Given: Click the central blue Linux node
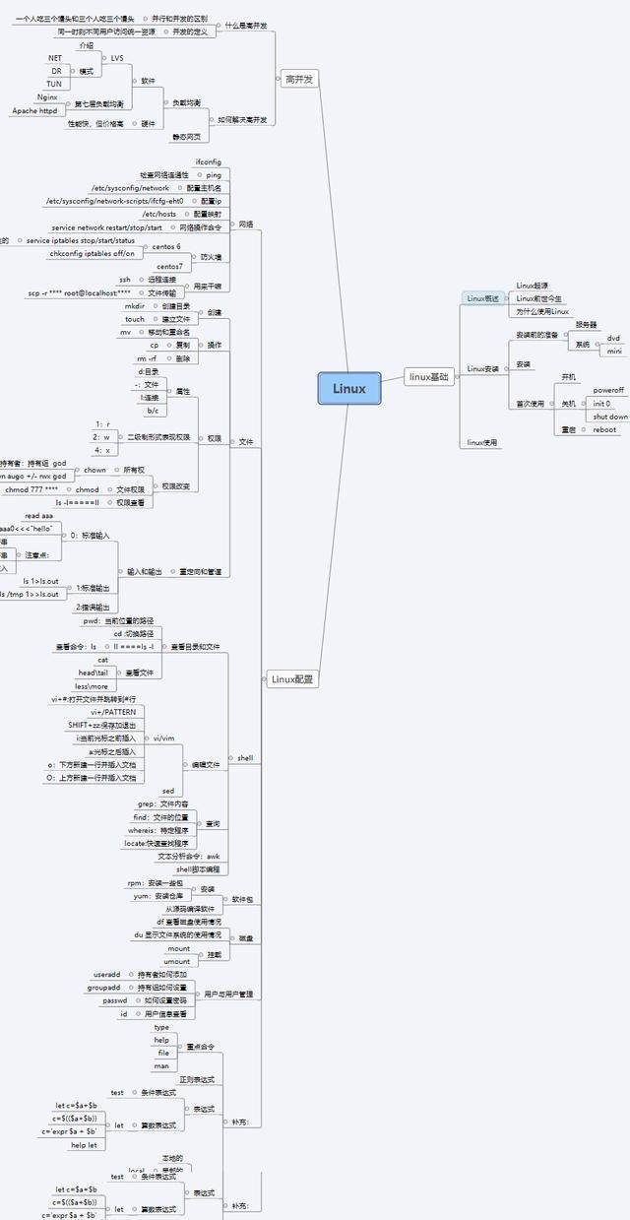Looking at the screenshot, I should (348, 388).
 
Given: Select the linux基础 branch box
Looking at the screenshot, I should (429, 376).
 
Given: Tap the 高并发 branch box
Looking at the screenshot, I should (298, 79).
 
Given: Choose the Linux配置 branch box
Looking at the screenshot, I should (292, 678).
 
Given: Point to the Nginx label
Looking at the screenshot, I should (47, 96).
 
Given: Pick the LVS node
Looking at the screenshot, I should (117, 58).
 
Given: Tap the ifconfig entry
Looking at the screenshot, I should (208, 161).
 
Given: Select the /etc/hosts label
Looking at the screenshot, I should (159, 213).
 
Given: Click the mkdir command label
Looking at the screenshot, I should (135, 306).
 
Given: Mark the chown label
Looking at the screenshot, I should (94, 471).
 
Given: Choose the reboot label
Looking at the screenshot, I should (604, 429).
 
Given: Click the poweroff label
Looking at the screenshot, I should (607, 390).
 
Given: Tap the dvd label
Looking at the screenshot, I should (613, 338).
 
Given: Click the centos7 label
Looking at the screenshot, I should (169, 266).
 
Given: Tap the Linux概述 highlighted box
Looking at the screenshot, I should (483, 297).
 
